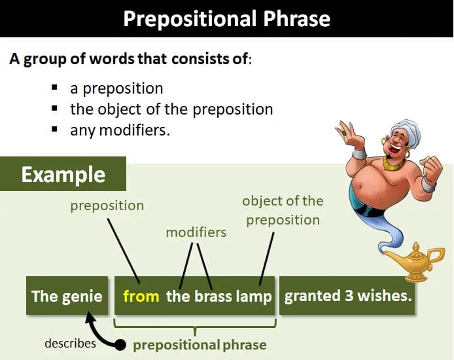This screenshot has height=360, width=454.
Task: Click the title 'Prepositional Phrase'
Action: tap(226, 18)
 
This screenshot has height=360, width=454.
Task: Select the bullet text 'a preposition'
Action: tap(116, 88)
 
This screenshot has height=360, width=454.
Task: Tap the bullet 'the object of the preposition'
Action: tap(171, 109)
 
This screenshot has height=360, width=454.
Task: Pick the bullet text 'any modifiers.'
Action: tap(120, 130)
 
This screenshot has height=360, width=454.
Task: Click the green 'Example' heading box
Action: tap(63, 175)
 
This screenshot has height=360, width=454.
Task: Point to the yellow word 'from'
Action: tap(141, 296)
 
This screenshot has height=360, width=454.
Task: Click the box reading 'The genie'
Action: tap(67, 296)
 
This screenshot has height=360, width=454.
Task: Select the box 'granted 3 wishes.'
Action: tap(348, 296)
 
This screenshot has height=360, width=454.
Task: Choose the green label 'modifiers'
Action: tap(196, 232)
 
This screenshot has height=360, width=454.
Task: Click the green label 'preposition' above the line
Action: tap(107, 206)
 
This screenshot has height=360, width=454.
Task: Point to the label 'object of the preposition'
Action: tap(283, 210)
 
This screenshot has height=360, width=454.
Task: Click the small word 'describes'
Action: tap(70, 344)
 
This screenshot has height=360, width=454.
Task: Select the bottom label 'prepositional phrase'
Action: tap(200, 345)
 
